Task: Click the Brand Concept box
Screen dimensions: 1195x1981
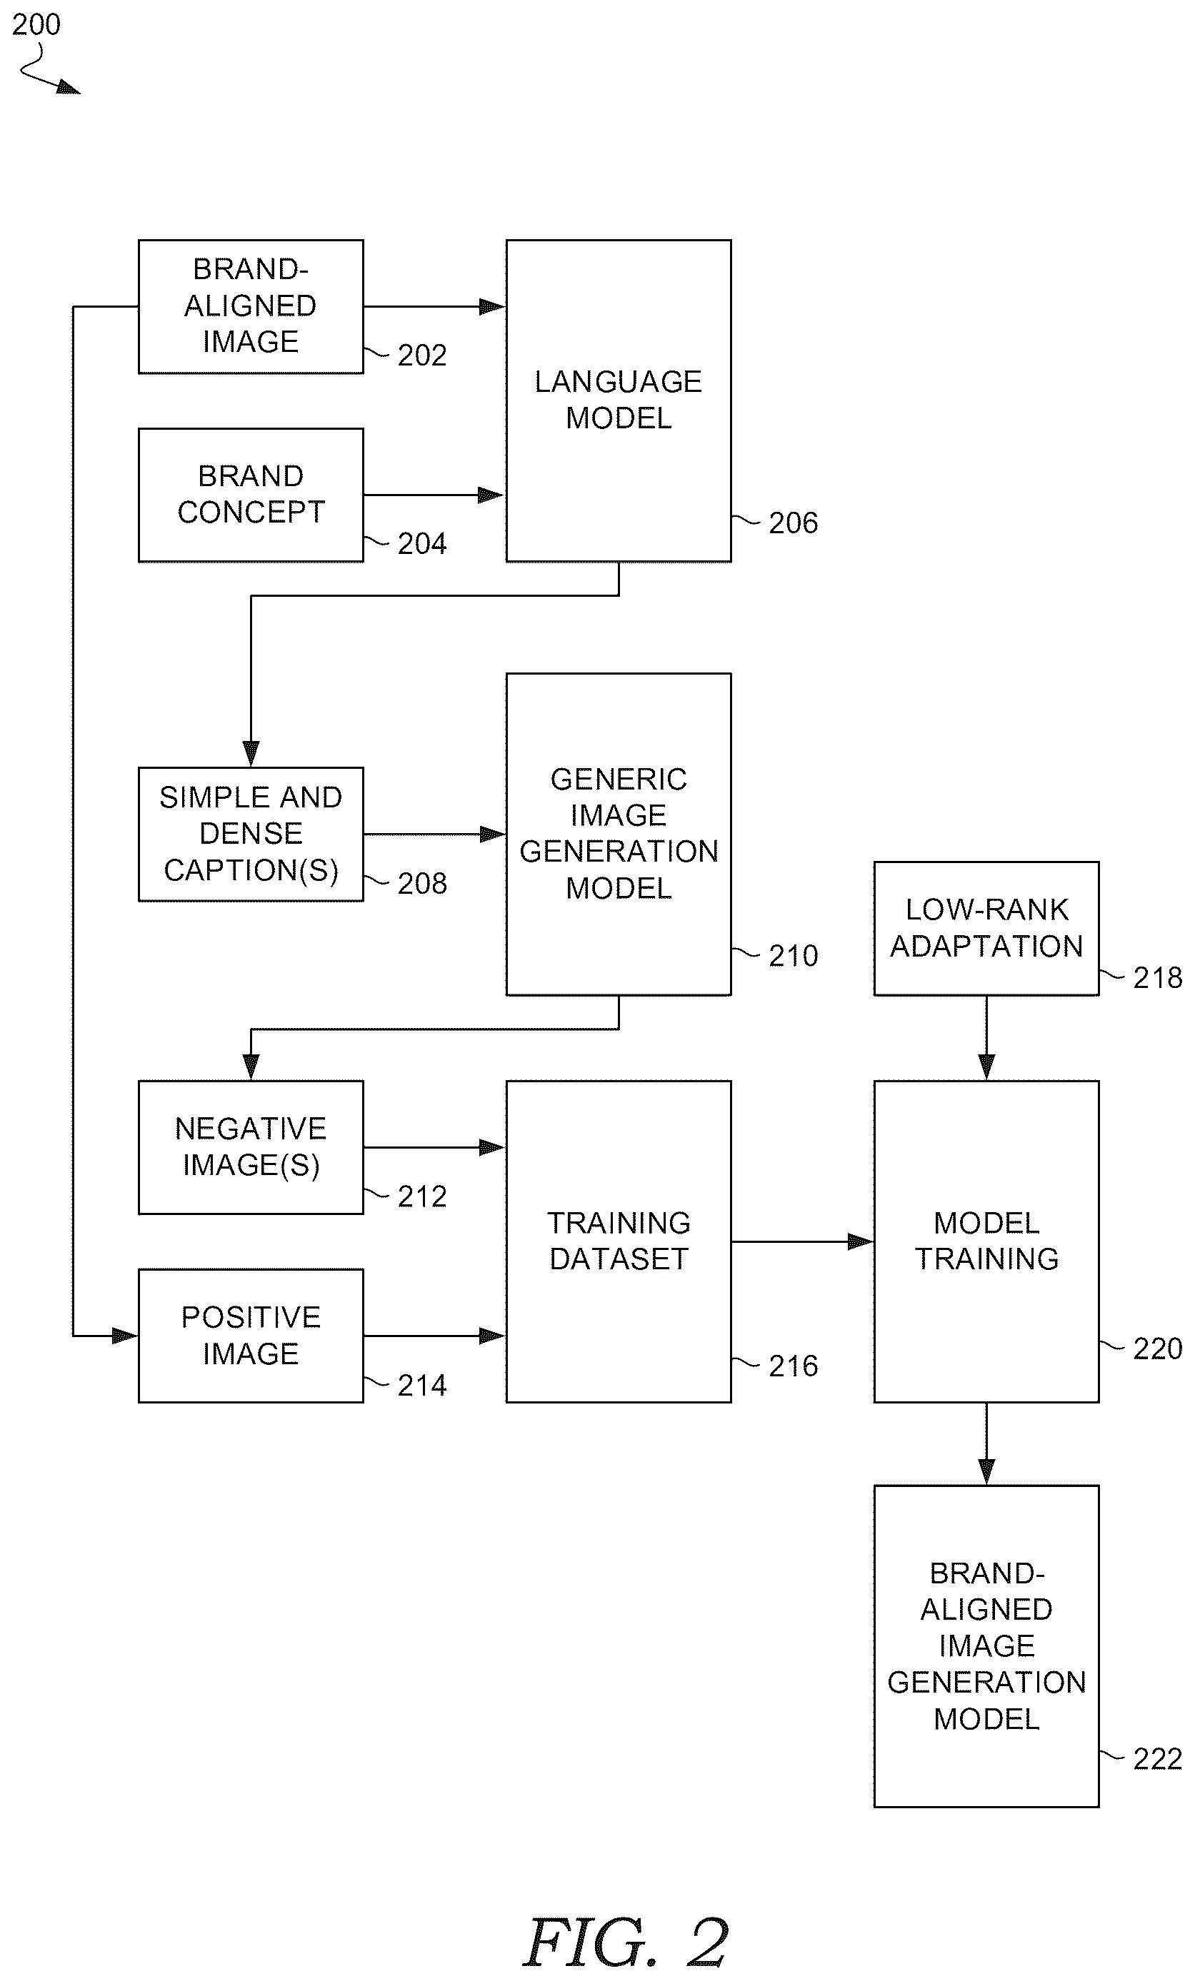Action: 251,495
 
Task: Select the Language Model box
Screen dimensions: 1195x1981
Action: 619,400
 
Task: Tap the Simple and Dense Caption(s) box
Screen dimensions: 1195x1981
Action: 251,834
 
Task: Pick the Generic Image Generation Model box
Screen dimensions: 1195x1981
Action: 619,834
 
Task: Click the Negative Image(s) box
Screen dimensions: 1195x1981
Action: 251,1146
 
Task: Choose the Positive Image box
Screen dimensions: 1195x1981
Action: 251,1336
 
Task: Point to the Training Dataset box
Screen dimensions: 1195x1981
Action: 619,1241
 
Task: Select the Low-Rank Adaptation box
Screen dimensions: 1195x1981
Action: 986,929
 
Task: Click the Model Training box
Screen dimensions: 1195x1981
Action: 986,1241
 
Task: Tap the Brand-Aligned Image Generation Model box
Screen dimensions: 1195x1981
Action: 986,1645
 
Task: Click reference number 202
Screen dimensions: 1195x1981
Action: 422,356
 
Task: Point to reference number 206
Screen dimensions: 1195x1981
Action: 793,523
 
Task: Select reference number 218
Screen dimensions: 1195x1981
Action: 1157,977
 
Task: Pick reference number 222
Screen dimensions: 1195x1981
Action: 1157,1759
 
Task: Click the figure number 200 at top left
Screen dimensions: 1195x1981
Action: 36,24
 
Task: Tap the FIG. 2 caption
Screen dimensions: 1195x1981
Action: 626,1942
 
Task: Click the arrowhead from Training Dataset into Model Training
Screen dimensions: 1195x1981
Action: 861,1241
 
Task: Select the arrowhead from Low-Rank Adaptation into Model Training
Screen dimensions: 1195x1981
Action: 986,1068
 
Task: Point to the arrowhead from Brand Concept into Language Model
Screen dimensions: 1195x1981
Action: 491,495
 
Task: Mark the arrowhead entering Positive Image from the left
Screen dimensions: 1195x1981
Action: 126,1336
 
